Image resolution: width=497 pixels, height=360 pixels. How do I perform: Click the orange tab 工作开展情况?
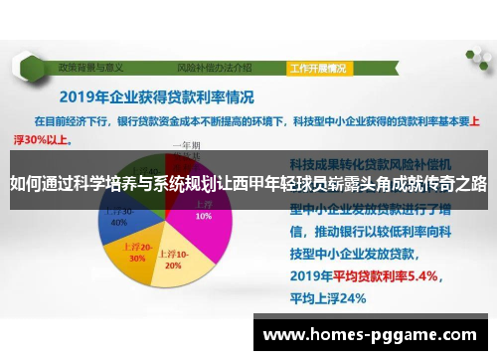pyautogui.click(x=319, y=69)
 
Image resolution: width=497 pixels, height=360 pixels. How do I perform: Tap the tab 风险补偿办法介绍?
pyautogui.click(x=214, y=69)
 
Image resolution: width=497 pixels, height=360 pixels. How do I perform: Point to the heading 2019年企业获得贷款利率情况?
pyautogui.click(x=156, y=97)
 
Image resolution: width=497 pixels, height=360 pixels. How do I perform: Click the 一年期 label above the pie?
pyautogui.click(x=186, y=145)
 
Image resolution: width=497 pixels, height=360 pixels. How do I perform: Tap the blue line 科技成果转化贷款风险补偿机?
pyautogui.click(x=372, y=161)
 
